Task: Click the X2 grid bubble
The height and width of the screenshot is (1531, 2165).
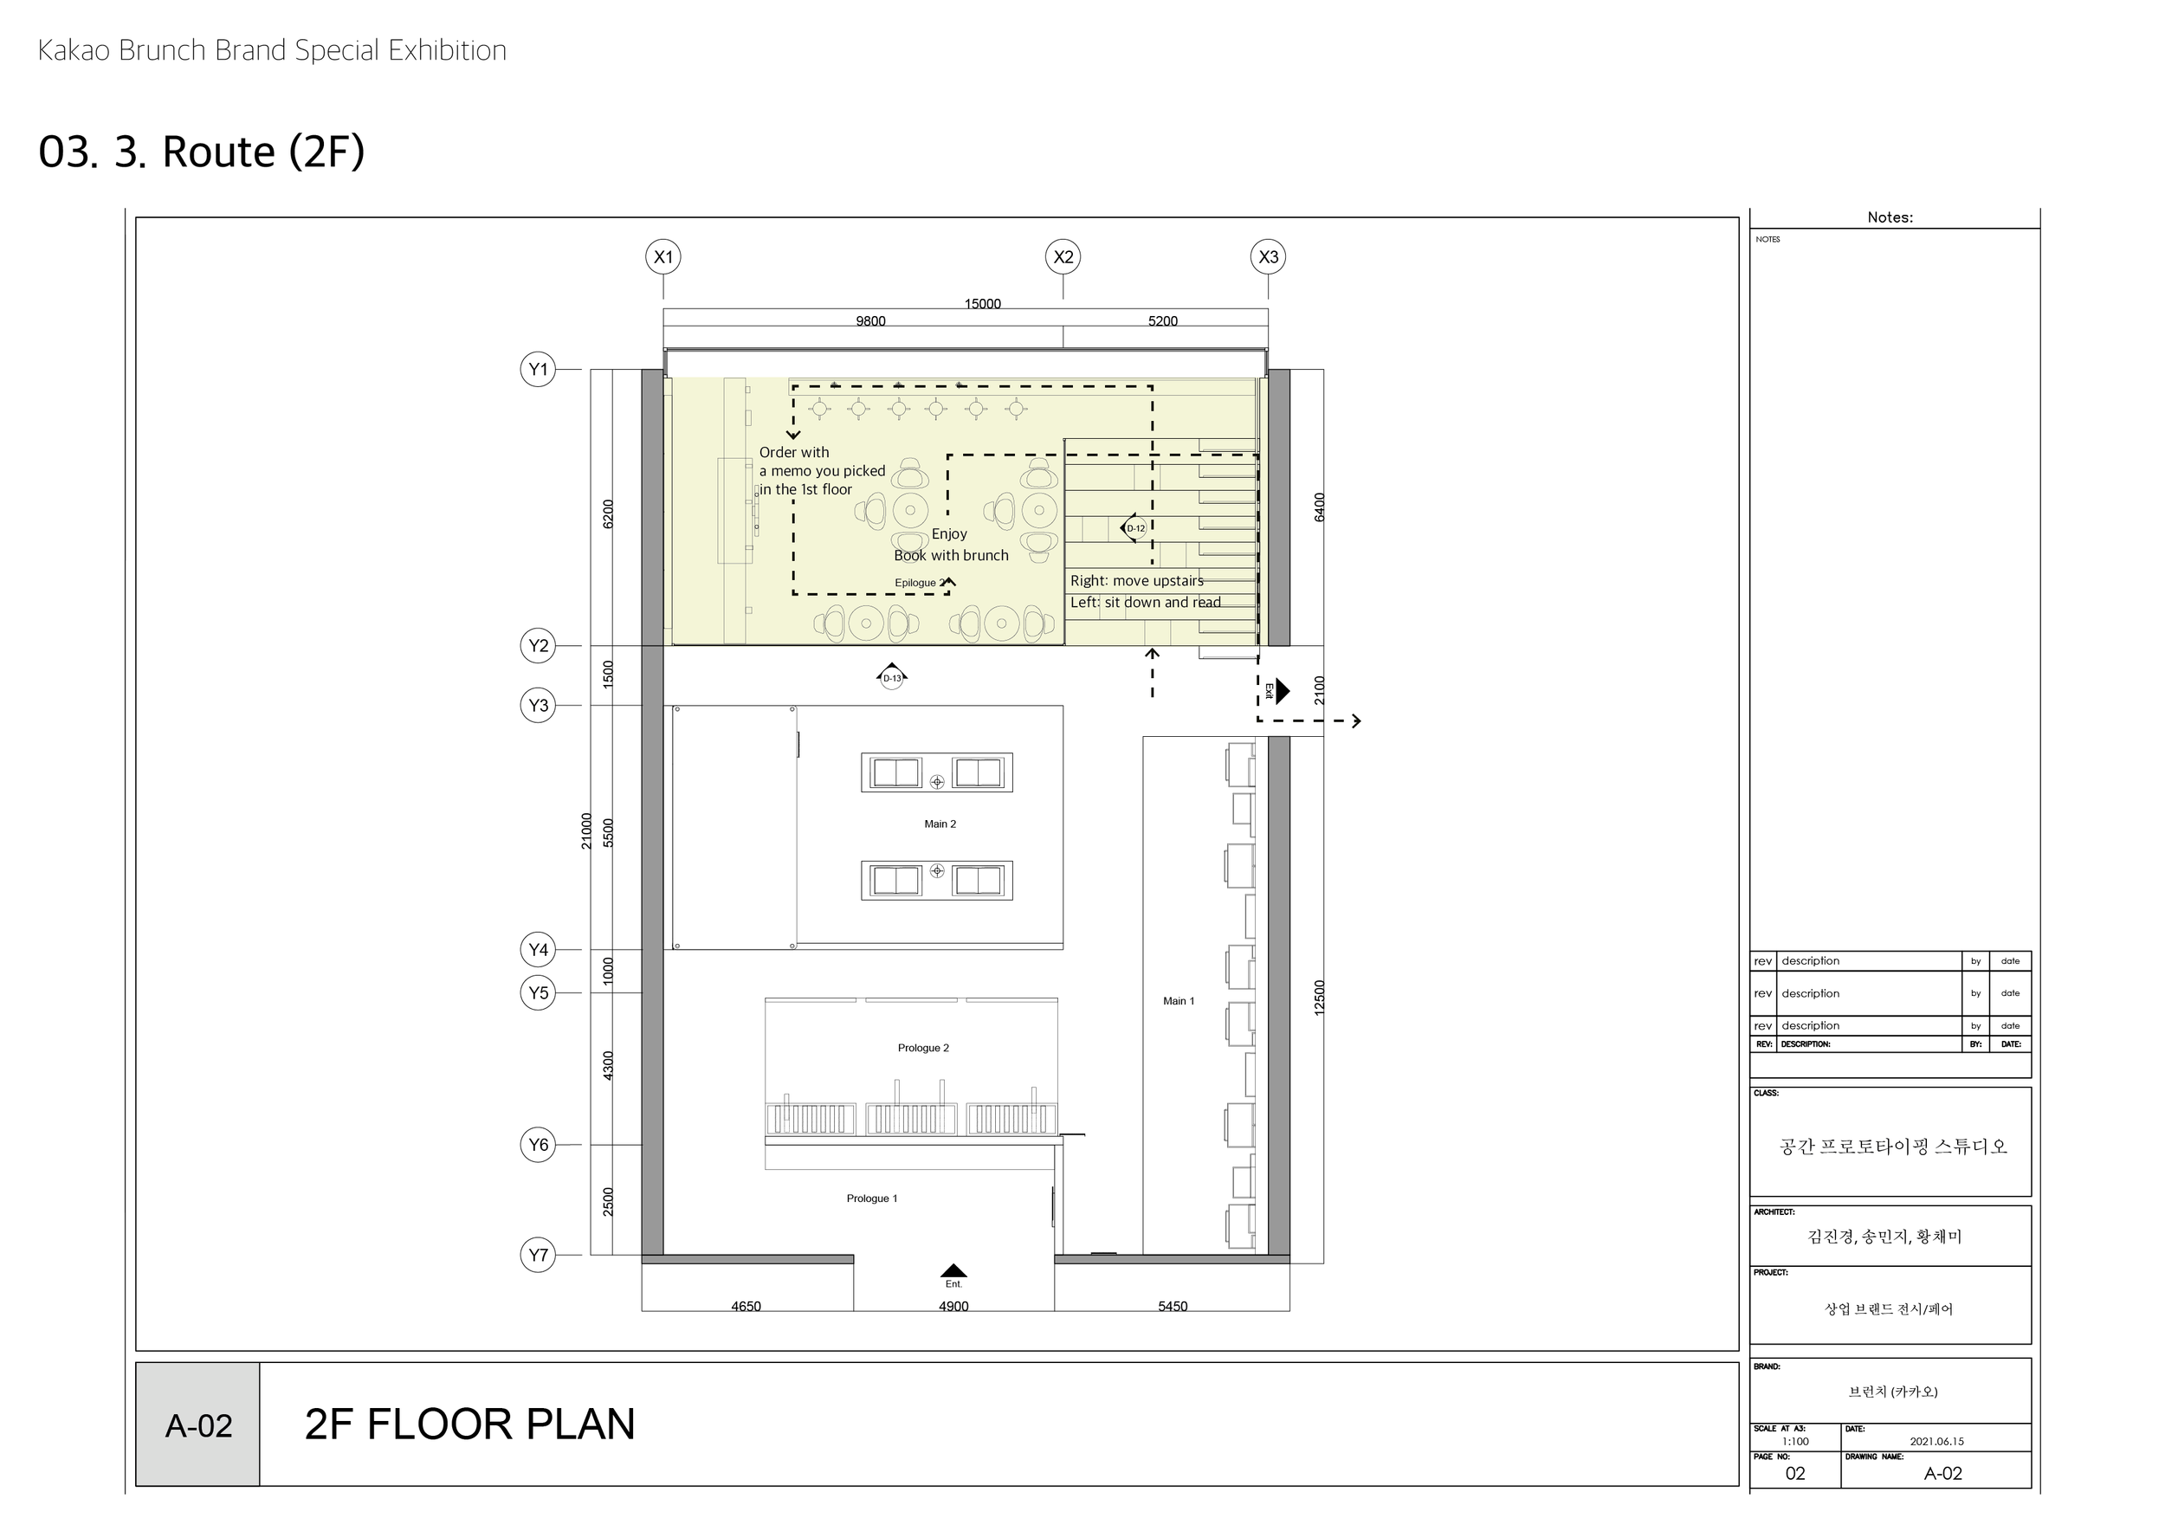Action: tap(1063, 256)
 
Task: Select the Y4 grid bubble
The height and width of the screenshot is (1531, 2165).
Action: tap(538, 949)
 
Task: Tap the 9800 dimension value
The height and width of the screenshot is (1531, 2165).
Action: tap(869, 321)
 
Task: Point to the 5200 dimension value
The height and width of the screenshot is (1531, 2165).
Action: tap(1161, 321)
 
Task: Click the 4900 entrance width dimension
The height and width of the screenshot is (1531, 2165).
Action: tap(953, 1306)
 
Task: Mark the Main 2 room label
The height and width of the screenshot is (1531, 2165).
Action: tap(939, 824)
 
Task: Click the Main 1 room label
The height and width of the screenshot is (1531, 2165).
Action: tap(1178, 1001)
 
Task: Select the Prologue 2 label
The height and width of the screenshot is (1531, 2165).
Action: tap(923, 1048)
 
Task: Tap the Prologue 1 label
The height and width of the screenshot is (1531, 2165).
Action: tap(871, 1198)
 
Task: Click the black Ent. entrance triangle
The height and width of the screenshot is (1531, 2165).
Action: tap(953, 1271)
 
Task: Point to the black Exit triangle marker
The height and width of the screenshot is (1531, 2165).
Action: tap(1282, 691)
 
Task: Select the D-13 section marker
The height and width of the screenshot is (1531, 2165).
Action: tap(891, 676)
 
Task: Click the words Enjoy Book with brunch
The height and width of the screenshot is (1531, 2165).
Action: tap(951, 545)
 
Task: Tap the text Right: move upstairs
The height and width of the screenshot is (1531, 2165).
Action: tap(1136, 581)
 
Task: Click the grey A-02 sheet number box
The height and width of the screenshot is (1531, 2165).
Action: tap(198, 1425)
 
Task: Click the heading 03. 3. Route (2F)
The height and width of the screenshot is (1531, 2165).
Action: tap(201, 152)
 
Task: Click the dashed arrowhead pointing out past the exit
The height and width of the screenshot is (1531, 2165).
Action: tap(1356, 721)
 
